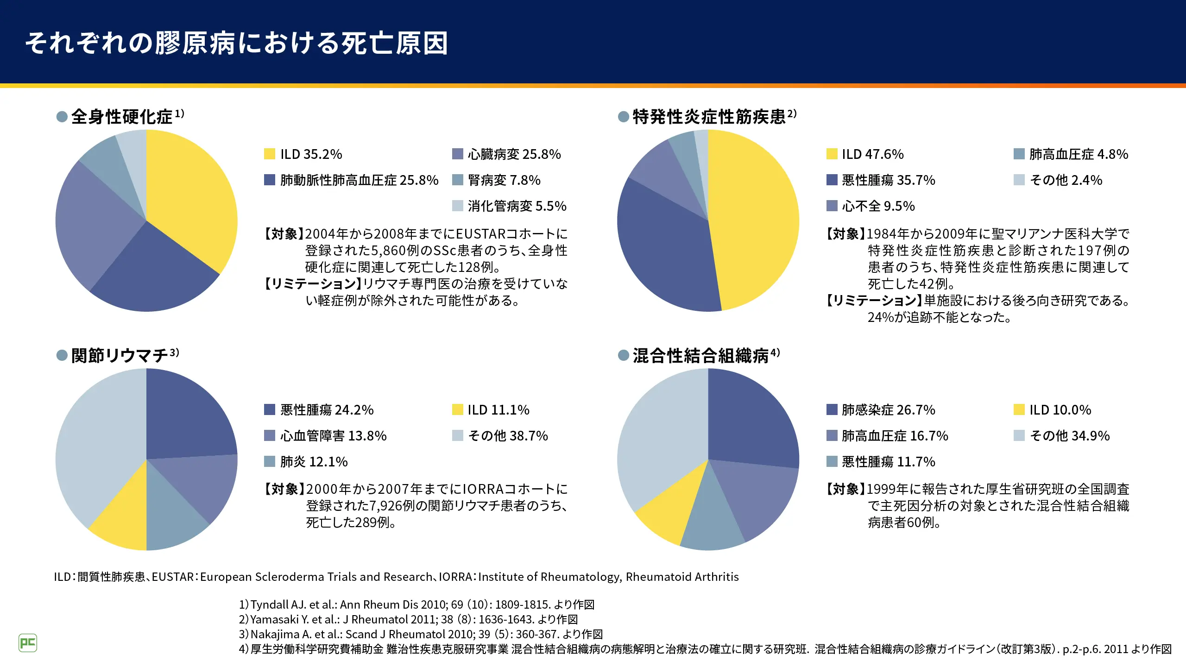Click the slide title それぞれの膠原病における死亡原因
pos(236,44)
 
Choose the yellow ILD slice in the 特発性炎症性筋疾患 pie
pos(755,218)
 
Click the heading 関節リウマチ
pos(120,355)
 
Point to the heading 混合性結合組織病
pos(700,355)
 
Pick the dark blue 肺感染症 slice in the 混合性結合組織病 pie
pos(751,417)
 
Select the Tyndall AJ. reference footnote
pos(416,604)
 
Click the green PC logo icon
pos(28,643)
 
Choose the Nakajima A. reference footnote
pos(421,634)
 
